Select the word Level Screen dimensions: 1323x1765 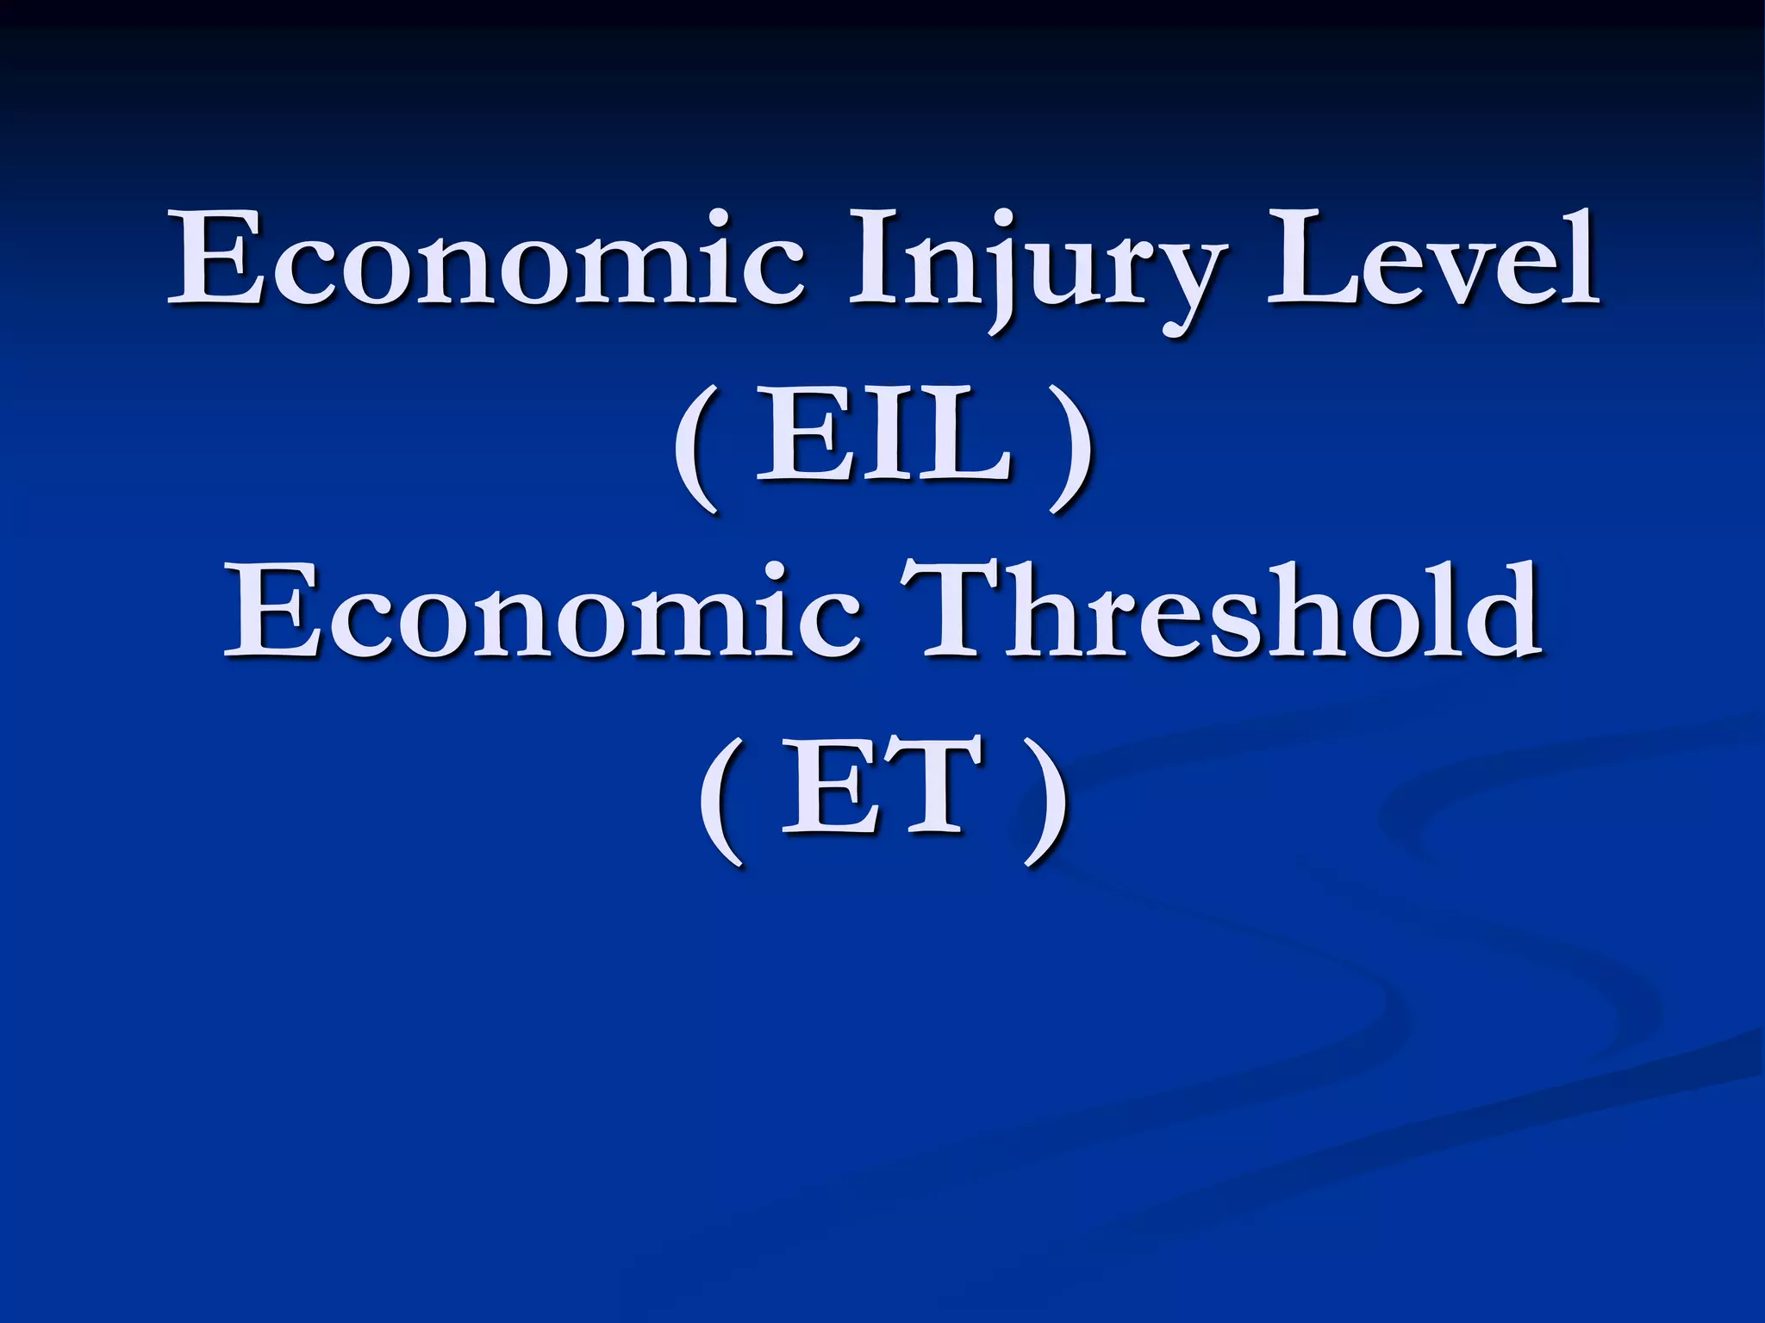pyautogui.click(x=1432, y=258)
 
